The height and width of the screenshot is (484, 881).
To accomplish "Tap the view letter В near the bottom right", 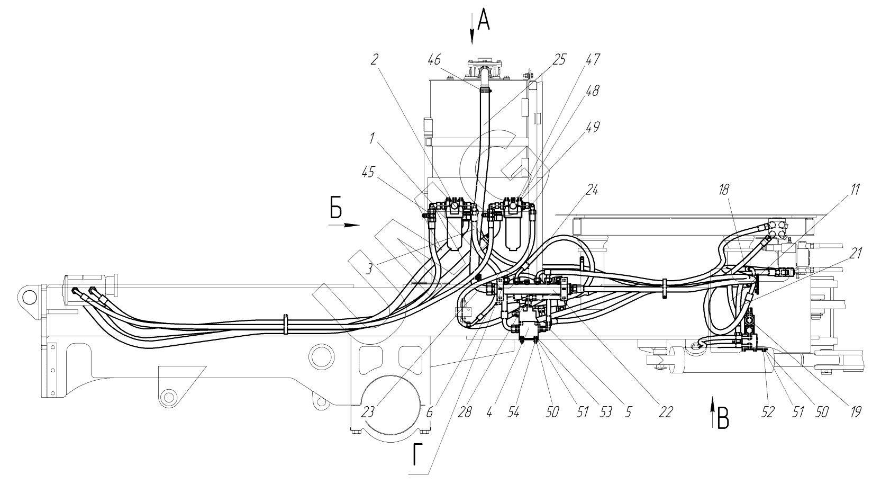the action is click(x=724, y=419).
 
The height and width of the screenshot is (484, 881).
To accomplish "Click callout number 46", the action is click(x=434, y=60).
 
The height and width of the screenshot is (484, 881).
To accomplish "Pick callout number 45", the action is click(x=368, y=172).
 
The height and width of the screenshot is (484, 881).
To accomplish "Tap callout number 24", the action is click(x=591, y=190).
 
